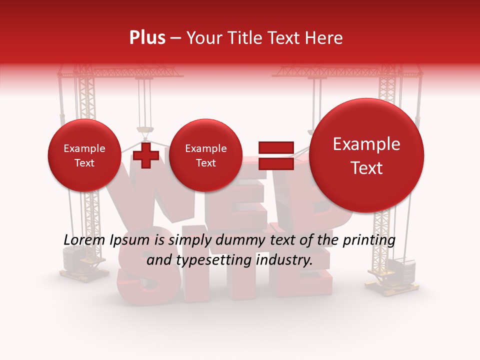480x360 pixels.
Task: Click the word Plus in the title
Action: [x=147, y=37]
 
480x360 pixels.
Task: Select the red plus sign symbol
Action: [x=145, y=155]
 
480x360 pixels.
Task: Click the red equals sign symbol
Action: [x=275, y=155]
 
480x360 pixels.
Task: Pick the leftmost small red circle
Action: [x=84, y=155]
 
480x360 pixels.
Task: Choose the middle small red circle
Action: [x=205, y=155]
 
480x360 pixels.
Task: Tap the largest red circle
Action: [x=366, y=155]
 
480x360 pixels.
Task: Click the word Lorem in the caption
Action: [x=84, y=240]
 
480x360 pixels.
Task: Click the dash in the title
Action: [x=175, y=38]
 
